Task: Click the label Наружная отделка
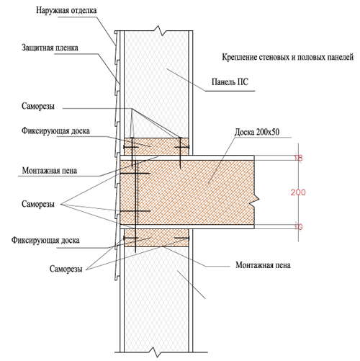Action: tap(66, 11)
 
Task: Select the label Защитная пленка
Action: tap(50, 48)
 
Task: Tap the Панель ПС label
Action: tap(230, 82)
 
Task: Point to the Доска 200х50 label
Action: tap(257, 132)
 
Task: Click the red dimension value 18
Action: tap(298, 158)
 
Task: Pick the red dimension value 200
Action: tap(298, 192)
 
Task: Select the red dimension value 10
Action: tap(298, 227)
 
